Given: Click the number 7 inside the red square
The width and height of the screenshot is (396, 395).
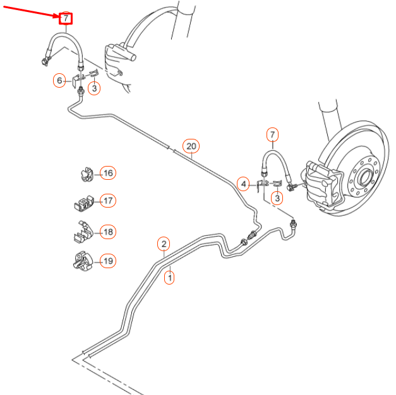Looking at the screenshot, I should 66,18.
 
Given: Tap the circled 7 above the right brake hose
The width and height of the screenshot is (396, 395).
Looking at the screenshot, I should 272,134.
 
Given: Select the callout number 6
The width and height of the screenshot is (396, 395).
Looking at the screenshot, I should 59,80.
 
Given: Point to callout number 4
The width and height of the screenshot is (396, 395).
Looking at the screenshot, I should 243,184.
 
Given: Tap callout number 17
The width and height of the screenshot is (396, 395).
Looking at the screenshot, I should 108,201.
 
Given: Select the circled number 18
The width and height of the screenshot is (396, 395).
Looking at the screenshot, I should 109,232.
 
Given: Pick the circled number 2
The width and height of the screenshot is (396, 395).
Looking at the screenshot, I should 164,244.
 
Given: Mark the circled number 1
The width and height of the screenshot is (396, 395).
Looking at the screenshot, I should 169,276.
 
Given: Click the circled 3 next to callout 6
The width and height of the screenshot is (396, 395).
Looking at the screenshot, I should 94,88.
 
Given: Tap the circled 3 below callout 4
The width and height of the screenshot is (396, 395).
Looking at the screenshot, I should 276,199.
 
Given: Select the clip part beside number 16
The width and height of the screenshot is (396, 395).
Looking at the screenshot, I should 85,174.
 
